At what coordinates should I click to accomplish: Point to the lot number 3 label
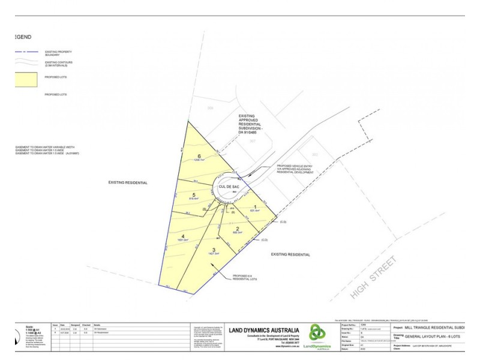click(x=214, y=250)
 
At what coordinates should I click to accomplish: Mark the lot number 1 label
click(x=256, y=206)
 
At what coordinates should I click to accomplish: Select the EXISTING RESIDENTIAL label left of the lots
click(x=128, y=181)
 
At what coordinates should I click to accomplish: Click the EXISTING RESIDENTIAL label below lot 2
click(x=290, y=254)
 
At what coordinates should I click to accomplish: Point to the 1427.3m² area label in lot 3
click(x=214, y=254)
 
